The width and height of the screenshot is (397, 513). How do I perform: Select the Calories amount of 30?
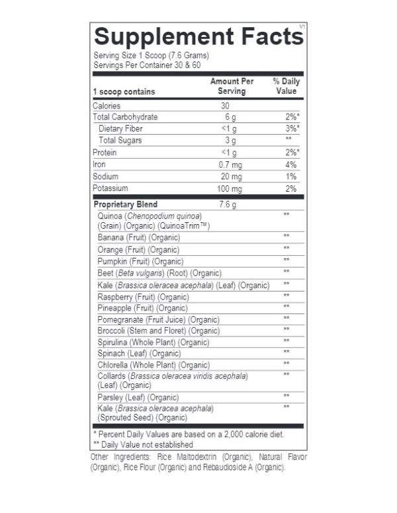226,106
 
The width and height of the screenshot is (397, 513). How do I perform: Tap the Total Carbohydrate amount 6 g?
230,117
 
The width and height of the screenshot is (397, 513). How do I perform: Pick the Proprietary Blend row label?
126,204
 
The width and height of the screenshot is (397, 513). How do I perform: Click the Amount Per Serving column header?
232,86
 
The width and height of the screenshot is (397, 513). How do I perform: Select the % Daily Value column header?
287,86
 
